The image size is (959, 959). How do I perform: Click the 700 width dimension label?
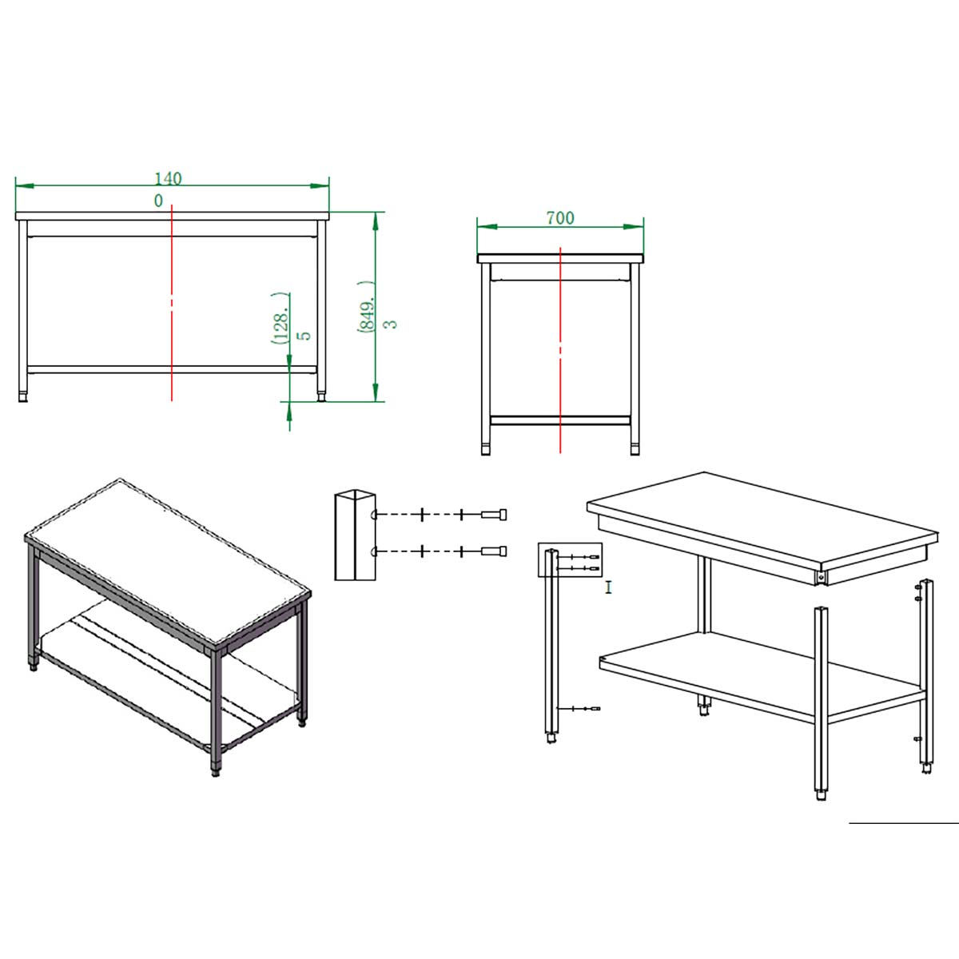click(560, 218)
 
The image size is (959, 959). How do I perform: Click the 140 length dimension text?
click(168, 179)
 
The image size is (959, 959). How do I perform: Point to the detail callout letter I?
click(608, 587)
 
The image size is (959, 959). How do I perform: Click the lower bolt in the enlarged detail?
click(494, 551)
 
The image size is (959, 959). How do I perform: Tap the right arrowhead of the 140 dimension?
click(320, 185)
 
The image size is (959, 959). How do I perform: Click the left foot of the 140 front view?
click(23, 397)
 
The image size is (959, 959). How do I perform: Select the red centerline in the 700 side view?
click(560, 349)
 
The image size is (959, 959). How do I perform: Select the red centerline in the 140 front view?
click(172, 302)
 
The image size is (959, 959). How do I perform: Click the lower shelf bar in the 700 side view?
click(560, 420)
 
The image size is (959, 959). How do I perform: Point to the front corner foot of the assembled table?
click(216, 771)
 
